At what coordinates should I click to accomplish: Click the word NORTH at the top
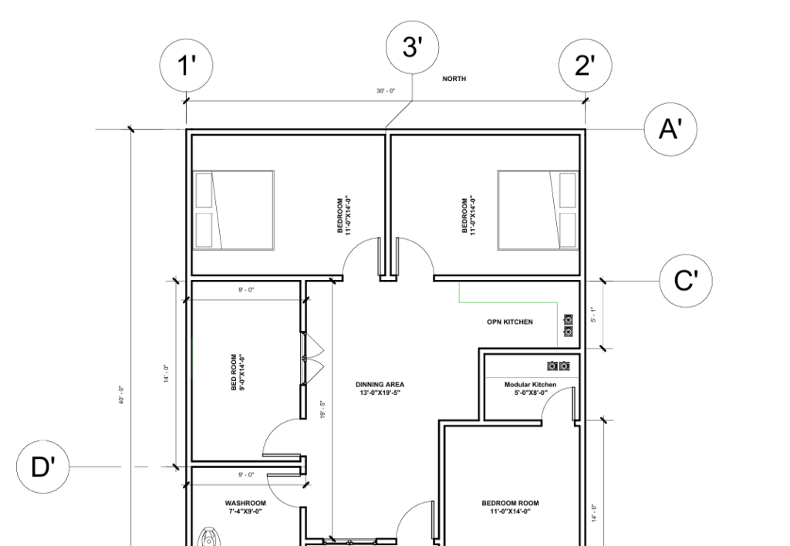click(454, 79)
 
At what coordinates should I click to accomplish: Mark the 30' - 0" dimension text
click(386, 91)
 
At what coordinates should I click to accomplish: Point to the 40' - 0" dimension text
click(122, 396)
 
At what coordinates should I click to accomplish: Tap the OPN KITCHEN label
click(509, 322)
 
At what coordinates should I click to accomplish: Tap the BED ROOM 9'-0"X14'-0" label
click(238, 372)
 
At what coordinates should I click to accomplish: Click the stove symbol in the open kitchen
click(569, 325)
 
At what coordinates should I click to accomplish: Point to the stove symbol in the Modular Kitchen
click(559, 366)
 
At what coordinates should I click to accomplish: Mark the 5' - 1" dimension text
click(593, 315)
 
